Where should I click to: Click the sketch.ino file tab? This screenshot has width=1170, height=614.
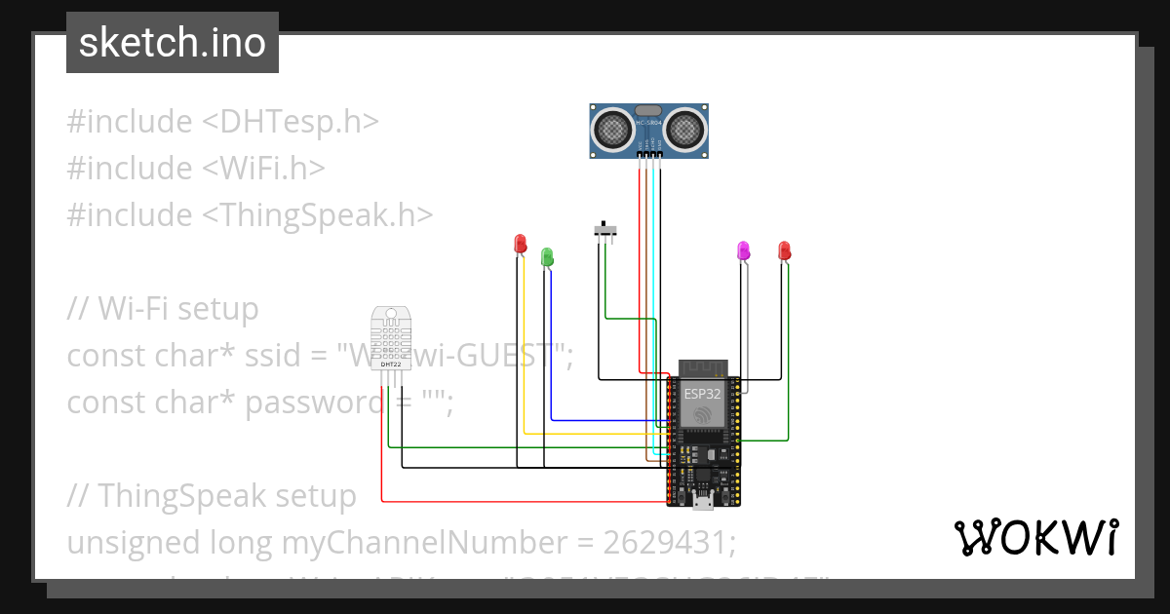click(x=173, y=43)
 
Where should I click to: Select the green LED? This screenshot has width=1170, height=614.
click(x=548, y=257)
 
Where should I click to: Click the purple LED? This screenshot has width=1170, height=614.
click(x=744, y=250)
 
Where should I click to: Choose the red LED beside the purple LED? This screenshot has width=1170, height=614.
click(x=784, y=250)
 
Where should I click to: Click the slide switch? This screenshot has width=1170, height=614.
click(x=606, y=231)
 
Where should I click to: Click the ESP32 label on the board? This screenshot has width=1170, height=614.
click(x=702, y=395)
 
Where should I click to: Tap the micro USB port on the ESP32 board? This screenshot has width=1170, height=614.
click(x=702, y=502)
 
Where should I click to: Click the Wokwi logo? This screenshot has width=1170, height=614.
click(x=1035, y=538)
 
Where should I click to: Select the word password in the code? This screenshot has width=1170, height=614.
click(x=310, y=402)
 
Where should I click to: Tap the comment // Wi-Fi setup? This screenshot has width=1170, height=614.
click(x=163, y=309)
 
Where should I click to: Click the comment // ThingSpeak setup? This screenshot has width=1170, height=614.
click(x=212, y=495)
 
